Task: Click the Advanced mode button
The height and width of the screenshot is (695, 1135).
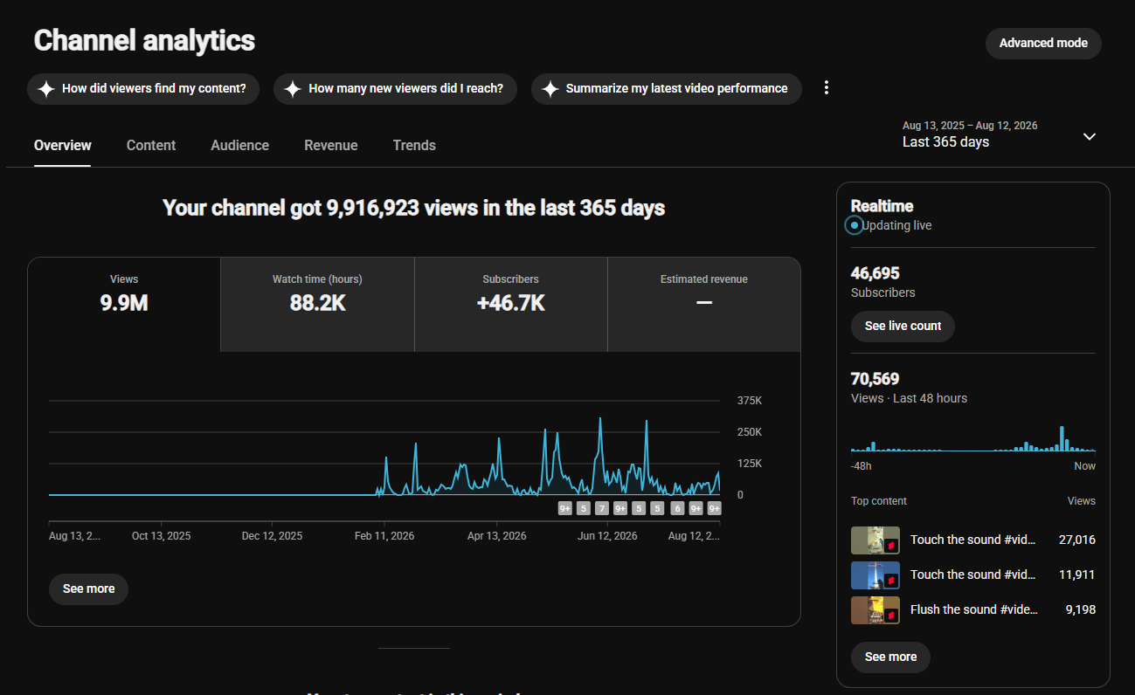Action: click(1043, 43)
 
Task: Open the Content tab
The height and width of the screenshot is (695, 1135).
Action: click(151, 145)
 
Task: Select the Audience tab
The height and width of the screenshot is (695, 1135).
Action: click(239, 145)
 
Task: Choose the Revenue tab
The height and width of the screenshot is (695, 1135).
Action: click(331, 145)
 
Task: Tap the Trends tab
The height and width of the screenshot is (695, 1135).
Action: click(414, 145)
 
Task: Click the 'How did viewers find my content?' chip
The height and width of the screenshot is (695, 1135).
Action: click(143, 88)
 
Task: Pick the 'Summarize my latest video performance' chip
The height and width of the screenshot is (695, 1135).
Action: click(667, 88)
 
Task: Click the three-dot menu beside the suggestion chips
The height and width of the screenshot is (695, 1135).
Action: click(827, 87)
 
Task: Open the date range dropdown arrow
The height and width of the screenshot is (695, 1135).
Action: click(1090, 137)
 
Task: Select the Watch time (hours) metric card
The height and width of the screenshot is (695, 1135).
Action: click(317, 304)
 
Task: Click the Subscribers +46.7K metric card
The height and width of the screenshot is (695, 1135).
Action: click(511, 304)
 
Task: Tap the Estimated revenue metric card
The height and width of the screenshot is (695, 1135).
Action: click(703, 304)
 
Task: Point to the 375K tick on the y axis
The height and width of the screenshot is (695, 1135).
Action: click(750, 401)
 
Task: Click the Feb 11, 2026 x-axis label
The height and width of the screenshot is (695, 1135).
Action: click(384, 535)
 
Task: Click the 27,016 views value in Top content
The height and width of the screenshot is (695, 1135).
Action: click(1076, 540)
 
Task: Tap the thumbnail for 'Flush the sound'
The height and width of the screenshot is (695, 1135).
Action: click(875, 610)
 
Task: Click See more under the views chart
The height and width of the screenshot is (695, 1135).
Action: click(88, 588)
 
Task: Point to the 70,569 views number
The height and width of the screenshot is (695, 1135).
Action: click(875, 379)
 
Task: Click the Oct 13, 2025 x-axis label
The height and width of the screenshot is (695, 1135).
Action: click(161, 535)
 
